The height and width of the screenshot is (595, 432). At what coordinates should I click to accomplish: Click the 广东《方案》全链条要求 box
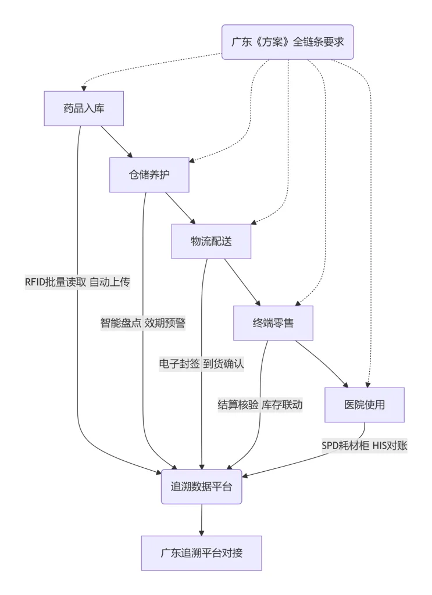(288, 42)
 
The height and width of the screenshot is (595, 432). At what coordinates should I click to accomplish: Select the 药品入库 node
(84, 108)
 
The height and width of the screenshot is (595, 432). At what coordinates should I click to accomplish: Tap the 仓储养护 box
(149, 175)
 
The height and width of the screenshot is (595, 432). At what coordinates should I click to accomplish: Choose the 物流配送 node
(211, 241)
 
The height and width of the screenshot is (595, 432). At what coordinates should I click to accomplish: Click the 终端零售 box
(273, 323)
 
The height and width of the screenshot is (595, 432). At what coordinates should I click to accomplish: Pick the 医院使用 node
(364, 404)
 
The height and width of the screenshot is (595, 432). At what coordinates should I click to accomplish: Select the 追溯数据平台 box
(201, 487)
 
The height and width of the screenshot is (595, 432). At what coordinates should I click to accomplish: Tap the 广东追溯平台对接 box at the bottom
(201, 553)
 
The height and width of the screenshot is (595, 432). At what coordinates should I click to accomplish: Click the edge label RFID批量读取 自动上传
(77, 282)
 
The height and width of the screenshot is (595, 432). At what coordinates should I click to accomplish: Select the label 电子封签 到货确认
(202, 364)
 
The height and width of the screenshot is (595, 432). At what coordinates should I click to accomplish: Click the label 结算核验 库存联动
(260, 405)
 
